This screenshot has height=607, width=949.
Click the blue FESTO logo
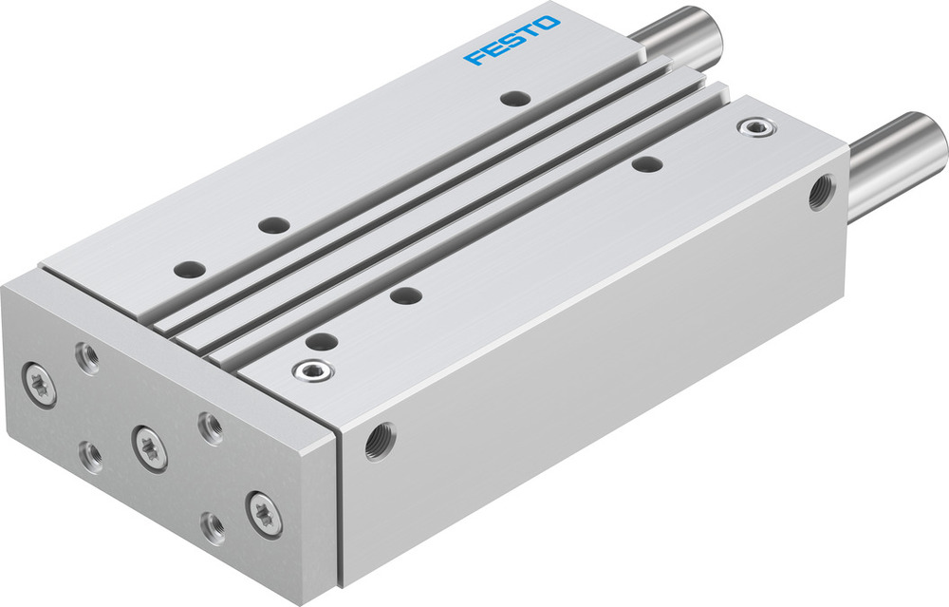pyautogui.click(x=512, y=41)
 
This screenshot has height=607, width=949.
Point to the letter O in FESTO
pyautogui.click(x=549, y=22)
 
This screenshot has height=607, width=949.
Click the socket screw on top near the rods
pyautogui.click(x=756, y=125)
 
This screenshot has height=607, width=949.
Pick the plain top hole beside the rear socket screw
pyautogui.click(x=647, y=164)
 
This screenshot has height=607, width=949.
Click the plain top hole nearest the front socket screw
pyautogui.click(x=323, y=341)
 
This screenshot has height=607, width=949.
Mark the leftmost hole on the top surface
pyautogui.click(x=189, y=269)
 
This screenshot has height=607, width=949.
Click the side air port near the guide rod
pyautogui.click(x=820, y=193)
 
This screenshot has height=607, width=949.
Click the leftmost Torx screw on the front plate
pyautogui.click(x=40, y=384)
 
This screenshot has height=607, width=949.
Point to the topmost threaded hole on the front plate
pyautogui.click(x=88, y=357)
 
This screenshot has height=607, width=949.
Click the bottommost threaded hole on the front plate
pyautogui.click(x=214, y=527)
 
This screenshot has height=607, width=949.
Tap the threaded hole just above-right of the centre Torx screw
pyautogui.click(x=210, y=427)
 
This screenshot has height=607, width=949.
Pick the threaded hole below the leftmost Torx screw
pyautogui.click(x=92, y=457)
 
